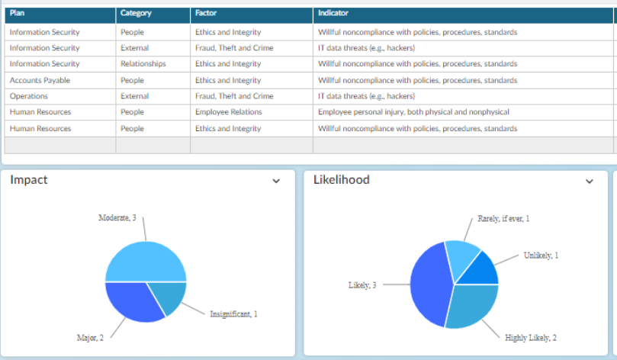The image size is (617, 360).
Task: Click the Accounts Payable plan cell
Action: pyautogui.click(x=40, y=80)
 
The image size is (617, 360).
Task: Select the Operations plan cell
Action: pyautogui.click(x=29, y=96)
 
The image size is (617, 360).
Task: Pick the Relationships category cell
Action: pyautogui.click(x=143, y=64)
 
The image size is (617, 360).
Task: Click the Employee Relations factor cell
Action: pyautogui.click(x=229, y=112)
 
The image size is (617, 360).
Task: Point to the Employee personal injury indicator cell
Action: pyautogui.click(x=413, y=112)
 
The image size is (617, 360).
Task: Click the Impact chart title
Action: pyautogui.click(x=29, y=180)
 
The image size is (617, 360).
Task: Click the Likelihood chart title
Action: pyautogui.click(x=342, y=180)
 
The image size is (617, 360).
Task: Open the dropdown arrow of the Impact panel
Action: pyautogui.click(x=276, y=181)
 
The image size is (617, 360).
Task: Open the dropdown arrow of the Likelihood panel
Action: pyautogui.click(x=589, y=182)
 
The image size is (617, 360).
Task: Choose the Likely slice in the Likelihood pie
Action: pyautogui.click(x=429, y=284)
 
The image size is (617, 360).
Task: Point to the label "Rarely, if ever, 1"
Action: pyautogui.click(x=503, y=219)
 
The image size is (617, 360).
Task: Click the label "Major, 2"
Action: pyautogui.click(x=90, y=338)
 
